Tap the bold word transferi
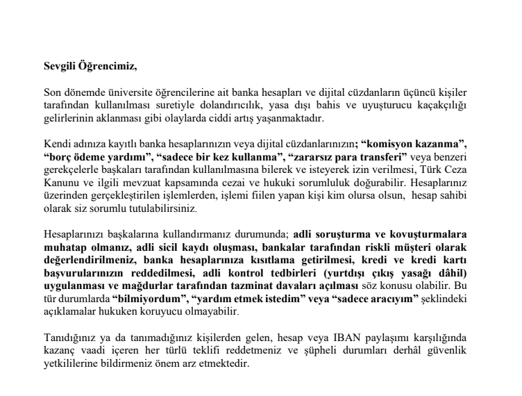[x=383, y=156]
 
